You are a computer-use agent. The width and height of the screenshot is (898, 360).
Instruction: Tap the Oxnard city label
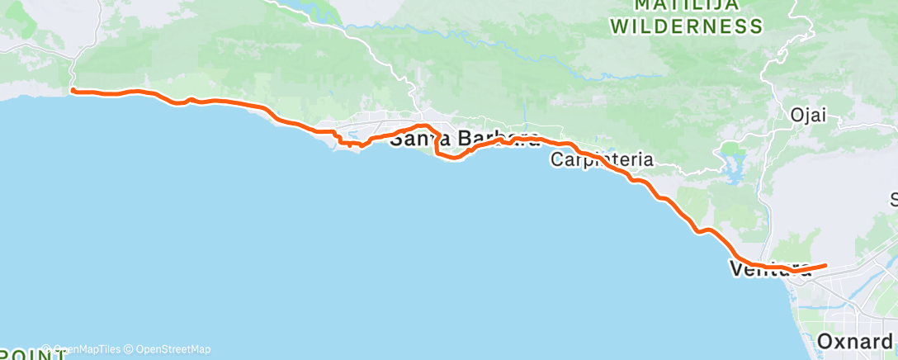tap(855, 341)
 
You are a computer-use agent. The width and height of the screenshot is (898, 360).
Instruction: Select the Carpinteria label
tap(603, 159)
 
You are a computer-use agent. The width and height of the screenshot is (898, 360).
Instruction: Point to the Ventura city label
tap(763, 268)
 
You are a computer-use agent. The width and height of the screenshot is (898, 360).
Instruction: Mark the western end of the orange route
tap(73, 90)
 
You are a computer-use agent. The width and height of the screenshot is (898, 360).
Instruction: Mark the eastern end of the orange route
tap(825, 265)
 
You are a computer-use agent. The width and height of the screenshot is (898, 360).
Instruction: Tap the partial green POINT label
tap(33, 355)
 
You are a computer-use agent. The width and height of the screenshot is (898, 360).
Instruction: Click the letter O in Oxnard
tap(825, 341)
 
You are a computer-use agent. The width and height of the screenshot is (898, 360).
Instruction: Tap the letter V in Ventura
tap(736, 268)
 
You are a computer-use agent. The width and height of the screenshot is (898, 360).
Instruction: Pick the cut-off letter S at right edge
tap(893, 199)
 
